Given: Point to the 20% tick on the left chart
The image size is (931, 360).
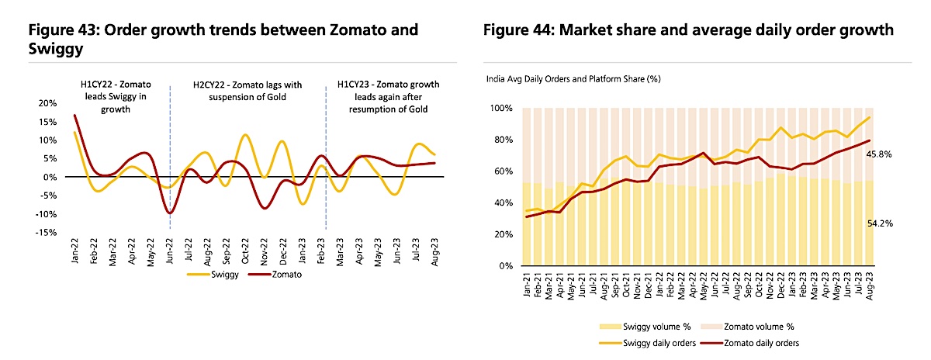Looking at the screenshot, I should pyautogui.click(x=47, y=103).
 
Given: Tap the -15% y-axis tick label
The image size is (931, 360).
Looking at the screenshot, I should pyautogui.click(x=45, y=232).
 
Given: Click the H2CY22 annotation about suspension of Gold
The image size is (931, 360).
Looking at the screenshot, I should pyautogui.click(x=247, y=91).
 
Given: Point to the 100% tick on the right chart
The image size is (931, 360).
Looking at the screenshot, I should pyautogui.click(x=500, y=108).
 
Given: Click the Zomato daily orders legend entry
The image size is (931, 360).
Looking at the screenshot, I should pyautogui.click(x=750, y=342).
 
